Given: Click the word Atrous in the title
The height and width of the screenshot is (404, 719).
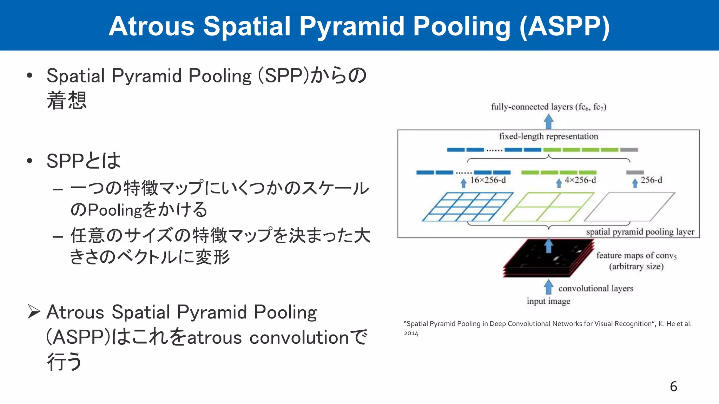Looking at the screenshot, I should (152, 26).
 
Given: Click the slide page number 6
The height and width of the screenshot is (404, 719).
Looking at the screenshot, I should (673, 386).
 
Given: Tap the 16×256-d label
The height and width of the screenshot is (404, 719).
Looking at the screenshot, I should (488, 180).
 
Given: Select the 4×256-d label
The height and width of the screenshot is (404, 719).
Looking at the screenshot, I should (580, 180).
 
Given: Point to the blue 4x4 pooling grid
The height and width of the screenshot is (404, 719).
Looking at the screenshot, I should (467, 207).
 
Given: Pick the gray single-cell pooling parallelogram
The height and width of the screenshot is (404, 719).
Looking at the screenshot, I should (629, 207).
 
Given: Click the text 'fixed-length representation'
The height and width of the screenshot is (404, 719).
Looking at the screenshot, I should (548, 136).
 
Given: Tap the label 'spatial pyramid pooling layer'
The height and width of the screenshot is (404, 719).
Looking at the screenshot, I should (640, 232).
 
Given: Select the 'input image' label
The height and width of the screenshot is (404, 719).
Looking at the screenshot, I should (548, 301).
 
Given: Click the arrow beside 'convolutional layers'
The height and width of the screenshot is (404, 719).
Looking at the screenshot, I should (548, 287).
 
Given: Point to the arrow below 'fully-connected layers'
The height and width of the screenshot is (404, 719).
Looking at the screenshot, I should (548, 122).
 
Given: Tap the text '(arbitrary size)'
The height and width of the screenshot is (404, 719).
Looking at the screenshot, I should (636, 267).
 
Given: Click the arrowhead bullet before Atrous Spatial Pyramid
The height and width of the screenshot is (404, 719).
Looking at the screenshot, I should (34, 311).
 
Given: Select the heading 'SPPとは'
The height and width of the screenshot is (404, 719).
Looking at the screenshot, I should (84, 161).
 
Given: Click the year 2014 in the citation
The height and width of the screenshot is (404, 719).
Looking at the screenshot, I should (411, 334).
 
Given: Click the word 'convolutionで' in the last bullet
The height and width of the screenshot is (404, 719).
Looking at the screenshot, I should (308, 337).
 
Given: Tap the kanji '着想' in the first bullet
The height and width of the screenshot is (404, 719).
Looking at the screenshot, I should (67, 101).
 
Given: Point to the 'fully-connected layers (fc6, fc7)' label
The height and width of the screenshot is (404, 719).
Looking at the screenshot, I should (548, 107).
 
